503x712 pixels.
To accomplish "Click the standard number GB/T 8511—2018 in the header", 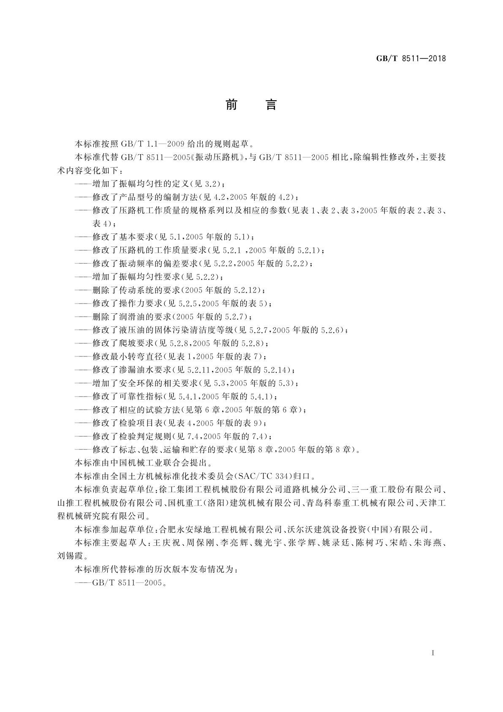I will click(x=411, y=59).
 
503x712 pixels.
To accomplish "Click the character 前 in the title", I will click(x=231, y=104).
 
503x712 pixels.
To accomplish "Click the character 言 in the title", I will click(x=271, y=104).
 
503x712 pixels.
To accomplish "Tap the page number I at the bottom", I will click(x=433, y=653).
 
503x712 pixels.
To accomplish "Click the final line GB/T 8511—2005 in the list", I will click(x=127, y=583).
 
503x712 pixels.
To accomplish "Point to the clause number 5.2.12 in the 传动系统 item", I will click(x=246, y=290).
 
